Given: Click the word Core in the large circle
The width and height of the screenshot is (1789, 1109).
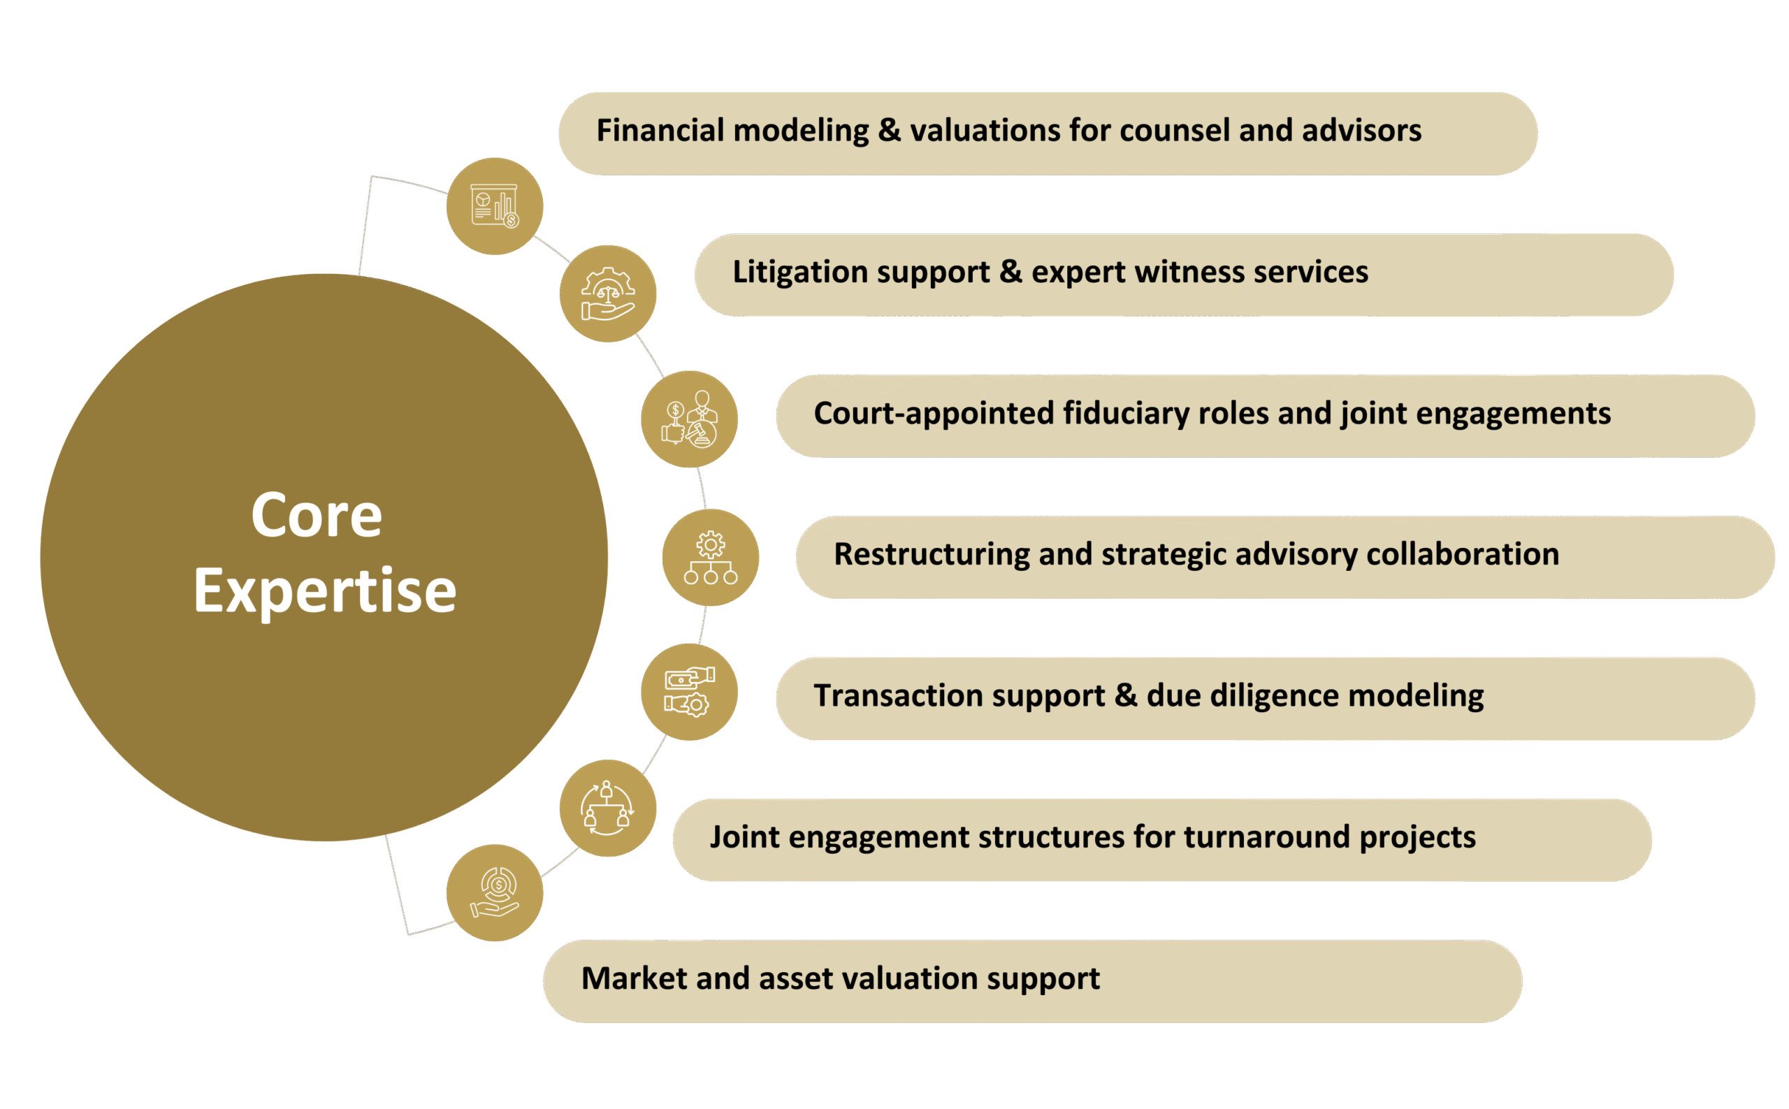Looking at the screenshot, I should pos(316,516).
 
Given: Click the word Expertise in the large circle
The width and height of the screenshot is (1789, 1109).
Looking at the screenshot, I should pos(325,591).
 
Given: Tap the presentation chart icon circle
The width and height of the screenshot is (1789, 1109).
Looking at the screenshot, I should pos(495,206).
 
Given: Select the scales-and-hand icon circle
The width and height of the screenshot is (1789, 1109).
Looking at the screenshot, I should pos(607,293).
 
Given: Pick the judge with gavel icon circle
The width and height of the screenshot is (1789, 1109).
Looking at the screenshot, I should pos(689,419).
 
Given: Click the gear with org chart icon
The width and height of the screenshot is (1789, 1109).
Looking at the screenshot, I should pos(710,558).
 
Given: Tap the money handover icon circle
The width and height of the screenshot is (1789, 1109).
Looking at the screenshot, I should pos(689,692).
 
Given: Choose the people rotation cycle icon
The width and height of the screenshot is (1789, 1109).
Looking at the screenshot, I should pos(607,809).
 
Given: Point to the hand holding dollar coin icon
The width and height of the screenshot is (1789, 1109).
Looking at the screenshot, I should pos(495,892).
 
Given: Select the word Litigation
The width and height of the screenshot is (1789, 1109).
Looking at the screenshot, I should pos(799,272).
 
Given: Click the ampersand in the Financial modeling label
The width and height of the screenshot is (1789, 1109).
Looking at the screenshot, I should pos(888,131).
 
